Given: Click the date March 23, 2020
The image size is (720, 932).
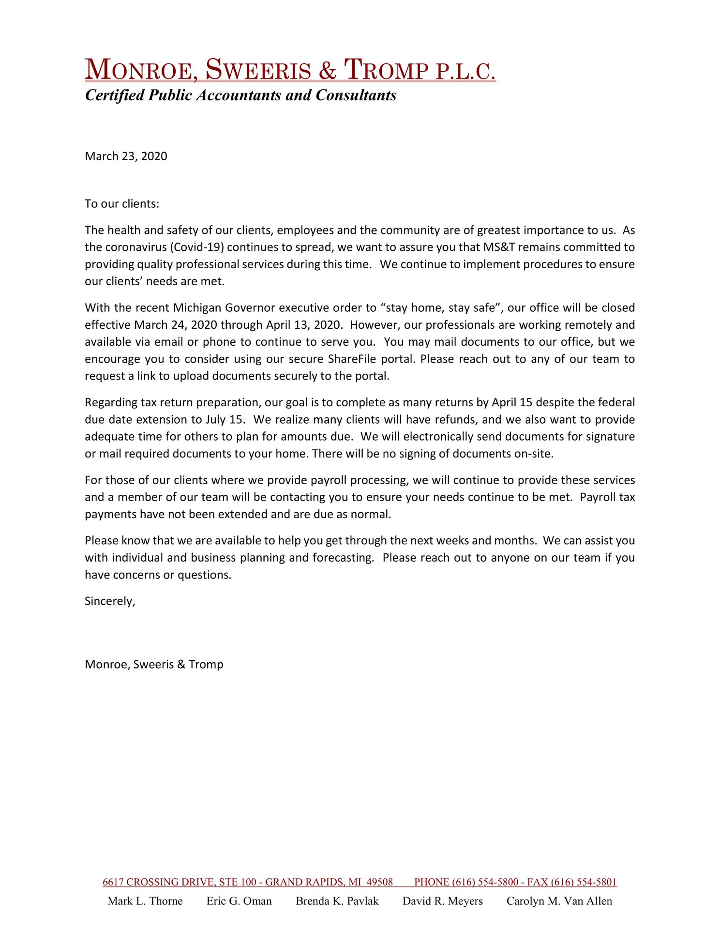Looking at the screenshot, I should click(x=126, y=156).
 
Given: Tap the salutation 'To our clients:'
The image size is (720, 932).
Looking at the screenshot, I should click(x=122, y=204).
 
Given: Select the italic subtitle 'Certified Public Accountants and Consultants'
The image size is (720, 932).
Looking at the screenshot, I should click(x=240, y=95).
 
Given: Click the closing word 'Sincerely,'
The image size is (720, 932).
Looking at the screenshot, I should click(x=110, y=601).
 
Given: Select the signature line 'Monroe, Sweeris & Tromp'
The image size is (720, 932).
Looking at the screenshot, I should click(x=154, y=664).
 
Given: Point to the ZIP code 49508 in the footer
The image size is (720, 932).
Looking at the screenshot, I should click(x=379, y=882).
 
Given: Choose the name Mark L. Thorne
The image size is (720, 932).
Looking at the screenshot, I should click(x=145, y=901).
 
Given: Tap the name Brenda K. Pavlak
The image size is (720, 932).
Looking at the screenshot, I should click(x=337, y=901).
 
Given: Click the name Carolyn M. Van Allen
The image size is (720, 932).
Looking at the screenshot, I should click(x=559, y=901).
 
